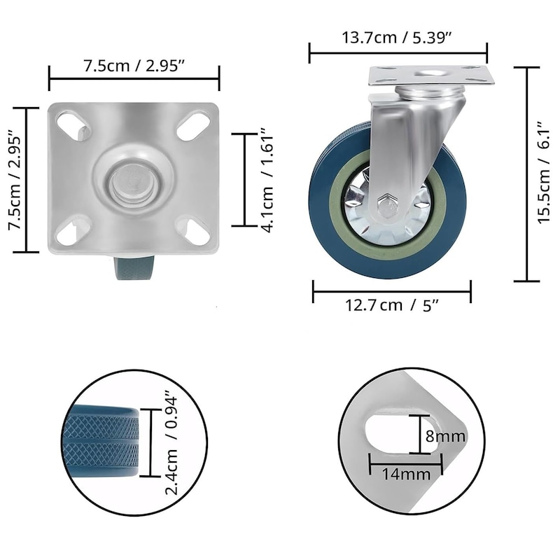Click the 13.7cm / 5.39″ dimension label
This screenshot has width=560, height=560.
pyautogui.click(x=397, y=37)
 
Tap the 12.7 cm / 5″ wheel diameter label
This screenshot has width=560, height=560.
pyautogui.click(x=392, y=305)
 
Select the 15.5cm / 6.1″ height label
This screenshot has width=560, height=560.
pyautogui.click(x=545, y=173)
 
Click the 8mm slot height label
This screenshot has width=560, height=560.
pyautogui.click(x=445, y=435)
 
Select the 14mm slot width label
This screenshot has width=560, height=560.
pyautogui.click(x=406, y=474)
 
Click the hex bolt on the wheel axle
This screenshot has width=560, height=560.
pyautogui.click(x=387, y=206)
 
